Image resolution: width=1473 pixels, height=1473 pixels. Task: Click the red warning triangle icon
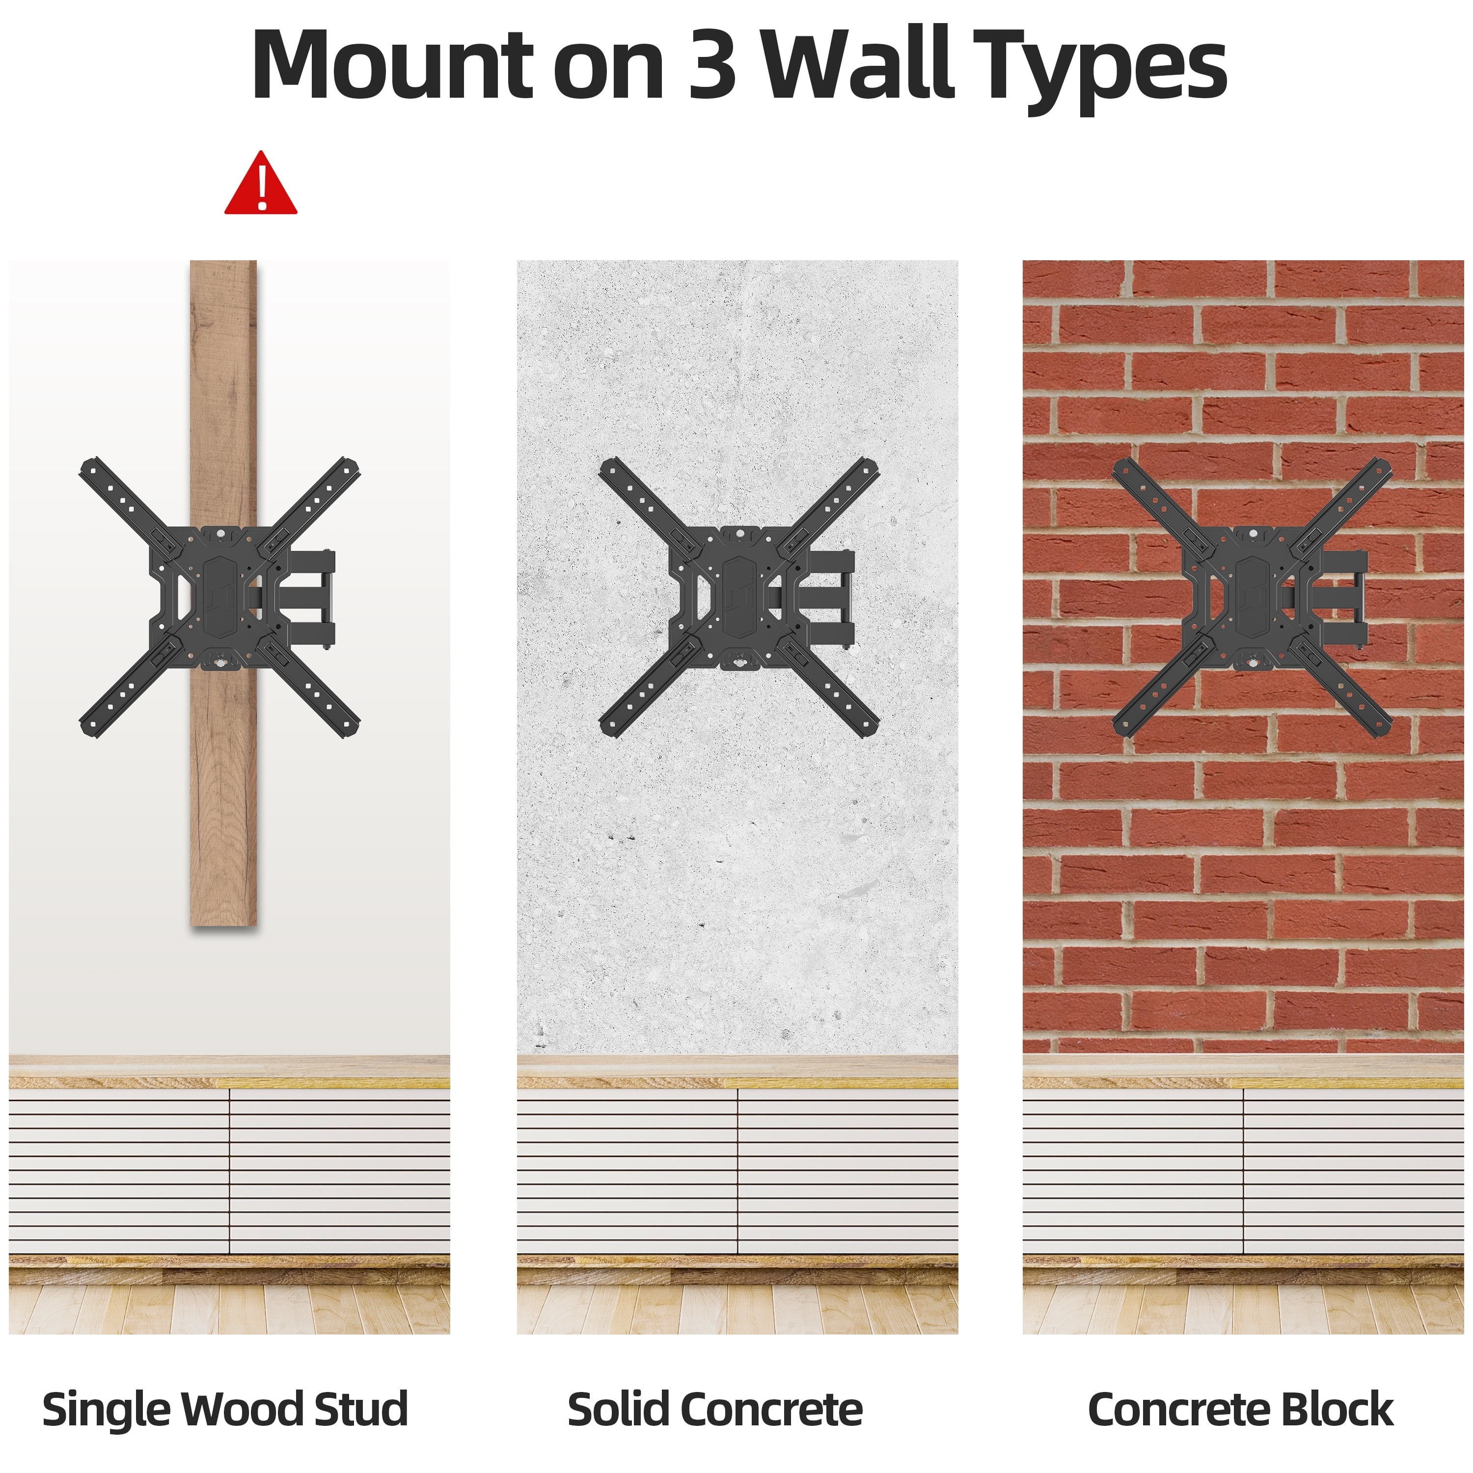(261, 184)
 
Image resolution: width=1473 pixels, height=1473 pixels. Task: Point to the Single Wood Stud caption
(225, 1409)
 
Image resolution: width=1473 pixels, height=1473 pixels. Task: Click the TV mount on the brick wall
(1251, 597)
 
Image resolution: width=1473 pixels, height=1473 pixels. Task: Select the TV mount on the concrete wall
(738, 597)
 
